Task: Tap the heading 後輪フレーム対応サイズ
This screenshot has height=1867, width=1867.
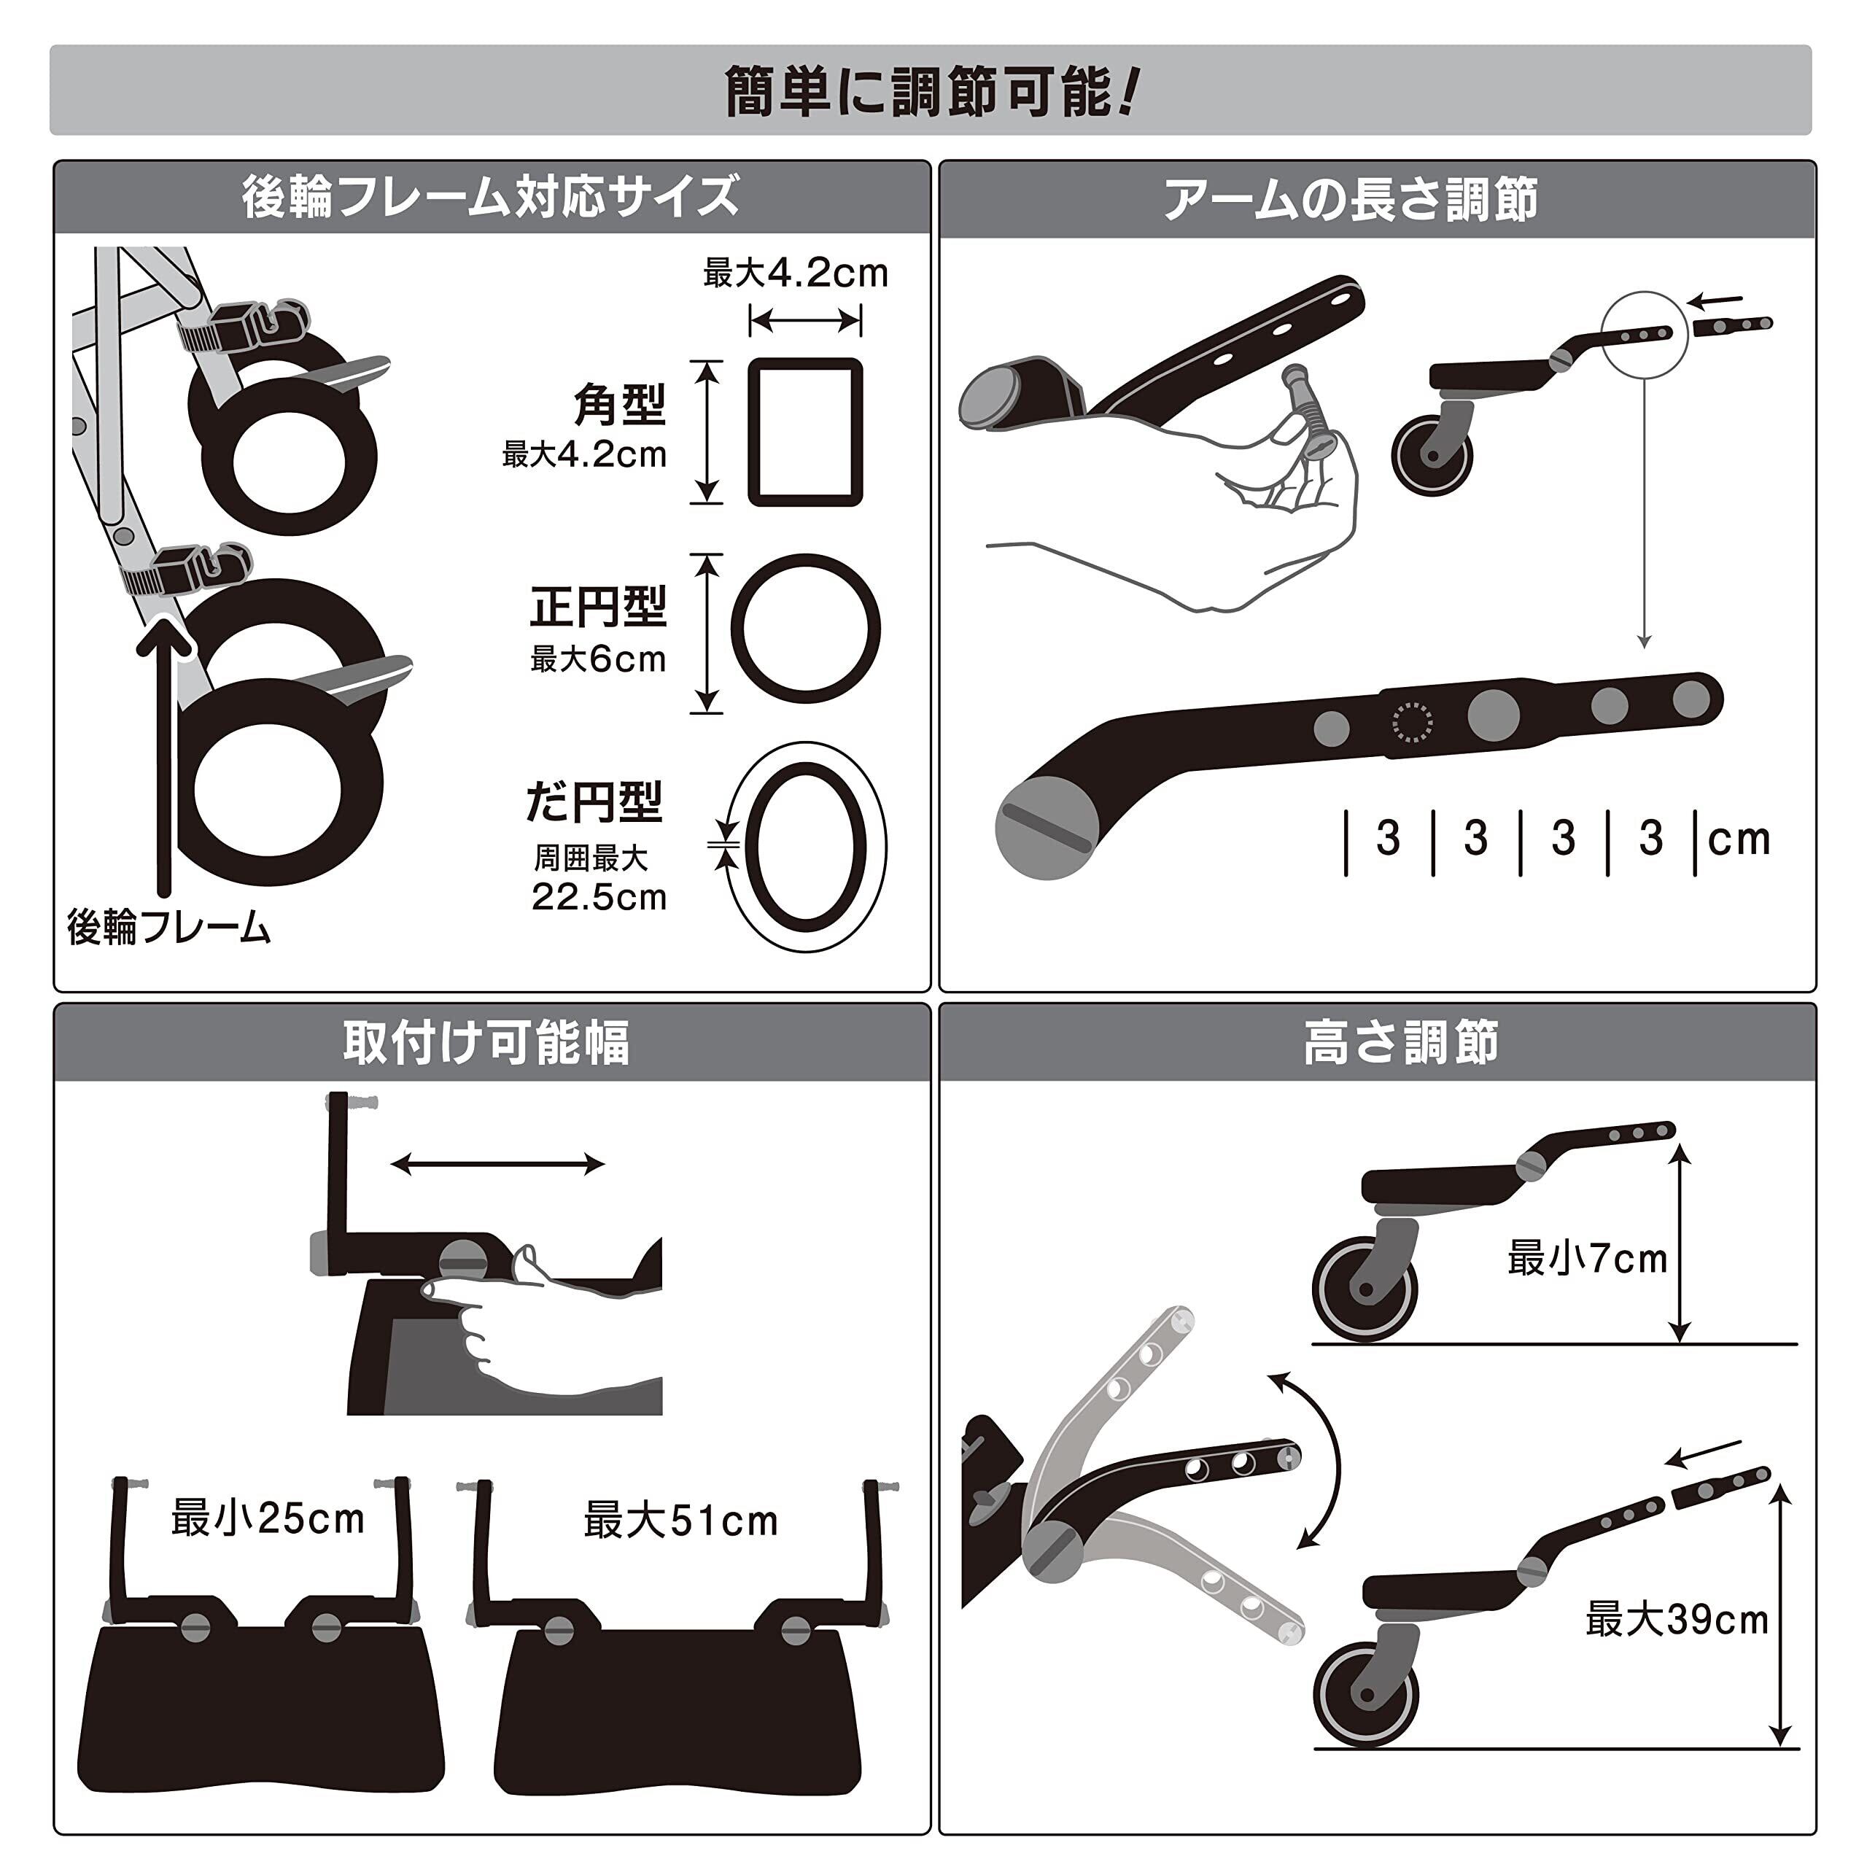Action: tap(491, 197)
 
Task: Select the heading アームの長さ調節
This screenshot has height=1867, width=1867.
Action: tap(1350, 200)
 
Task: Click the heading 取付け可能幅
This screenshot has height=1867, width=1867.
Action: tap(486, 1043)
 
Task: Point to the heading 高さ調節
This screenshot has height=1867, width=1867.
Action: tap(1400, 1043)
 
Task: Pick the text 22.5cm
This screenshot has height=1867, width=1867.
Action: tap(599, 897)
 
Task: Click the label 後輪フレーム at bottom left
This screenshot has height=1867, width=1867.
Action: tap(169, 928)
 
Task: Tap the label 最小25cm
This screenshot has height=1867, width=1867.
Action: tap(268, 1518)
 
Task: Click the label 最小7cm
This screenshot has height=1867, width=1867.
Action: tap(1588, 1258)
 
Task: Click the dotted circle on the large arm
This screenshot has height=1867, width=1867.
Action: tap(1412, 721)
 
